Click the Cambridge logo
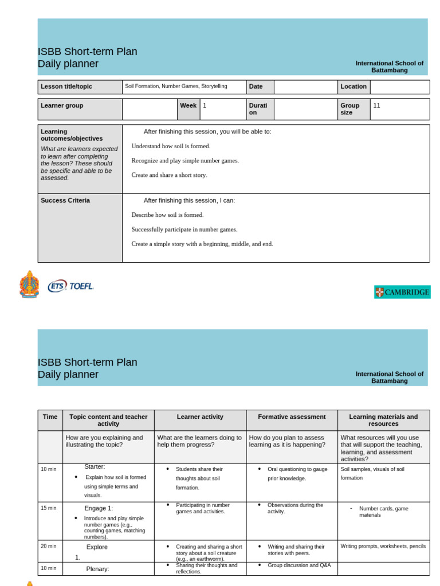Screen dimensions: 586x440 point(402,292)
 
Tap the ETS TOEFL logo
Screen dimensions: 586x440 point(70,286)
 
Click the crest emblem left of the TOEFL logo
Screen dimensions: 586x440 point(29,284)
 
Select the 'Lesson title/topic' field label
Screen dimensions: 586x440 point(66,86)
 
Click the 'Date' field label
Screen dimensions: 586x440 point(256,86)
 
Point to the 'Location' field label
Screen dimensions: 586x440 point(353,86)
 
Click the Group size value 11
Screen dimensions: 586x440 point(376,105)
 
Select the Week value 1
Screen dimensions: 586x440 point(205,105)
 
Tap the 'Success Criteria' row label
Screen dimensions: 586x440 point(65,200)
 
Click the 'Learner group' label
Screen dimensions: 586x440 point(62,105)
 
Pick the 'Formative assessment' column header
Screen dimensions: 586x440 point(292,417)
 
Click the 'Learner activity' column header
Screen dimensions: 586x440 point(200,417)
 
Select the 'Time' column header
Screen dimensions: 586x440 point(50,417)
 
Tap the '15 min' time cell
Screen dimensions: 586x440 point(49,508)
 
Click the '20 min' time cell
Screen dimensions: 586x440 point(49,546)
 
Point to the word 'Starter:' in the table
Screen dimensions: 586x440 point(95,466)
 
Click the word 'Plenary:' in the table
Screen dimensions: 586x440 point(97,569)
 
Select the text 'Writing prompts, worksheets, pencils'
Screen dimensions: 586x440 point(383,546)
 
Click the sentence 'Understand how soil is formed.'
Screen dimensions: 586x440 point(171,146)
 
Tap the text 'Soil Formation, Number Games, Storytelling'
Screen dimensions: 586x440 point(176,86)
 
